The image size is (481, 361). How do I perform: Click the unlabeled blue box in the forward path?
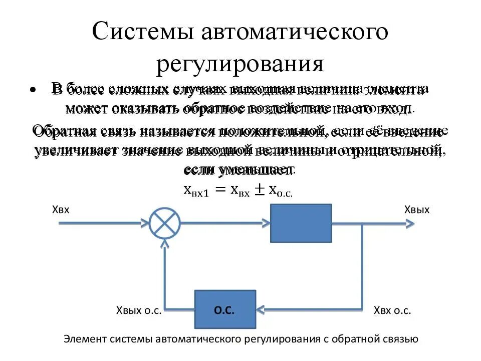coord(301,223)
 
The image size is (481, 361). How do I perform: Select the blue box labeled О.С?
coord(225,309)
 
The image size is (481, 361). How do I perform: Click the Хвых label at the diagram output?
coord(417,209)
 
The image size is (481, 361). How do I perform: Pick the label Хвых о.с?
coord(138,310)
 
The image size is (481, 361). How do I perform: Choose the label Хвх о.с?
coord(392,310)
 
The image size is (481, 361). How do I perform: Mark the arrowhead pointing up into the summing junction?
coord(165,245)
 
